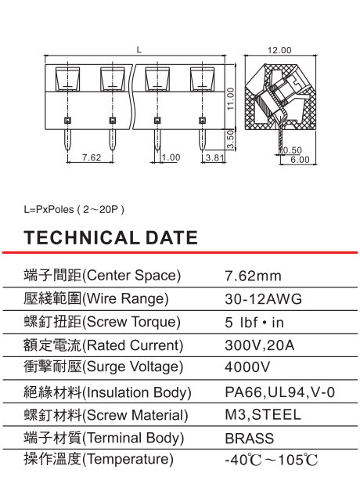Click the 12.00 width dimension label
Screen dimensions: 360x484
279,50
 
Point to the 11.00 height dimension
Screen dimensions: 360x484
231,99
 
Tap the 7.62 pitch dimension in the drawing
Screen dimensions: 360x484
92,157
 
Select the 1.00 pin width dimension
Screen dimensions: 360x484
171,157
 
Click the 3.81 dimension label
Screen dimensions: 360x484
214,157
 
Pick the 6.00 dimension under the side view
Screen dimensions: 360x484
300,160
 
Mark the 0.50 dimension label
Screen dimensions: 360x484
292,150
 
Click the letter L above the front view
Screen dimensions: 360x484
139,49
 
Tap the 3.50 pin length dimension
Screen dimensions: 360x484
230,139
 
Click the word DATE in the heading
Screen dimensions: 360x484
171,237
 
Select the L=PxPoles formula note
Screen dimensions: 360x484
74,210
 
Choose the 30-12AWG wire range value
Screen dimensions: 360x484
264,299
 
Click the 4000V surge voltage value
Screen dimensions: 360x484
247,367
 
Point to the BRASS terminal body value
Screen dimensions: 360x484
250,439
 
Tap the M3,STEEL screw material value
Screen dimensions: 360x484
263,415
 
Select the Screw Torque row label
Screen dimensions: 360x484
102,322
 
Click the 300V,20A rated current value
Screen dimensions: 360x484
259,345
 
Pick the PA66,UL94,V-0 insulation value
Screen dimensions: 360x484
280,392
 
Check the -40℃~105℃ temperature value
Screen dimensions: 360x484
271,461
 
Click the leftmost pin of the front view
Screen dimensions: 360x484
67,140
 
